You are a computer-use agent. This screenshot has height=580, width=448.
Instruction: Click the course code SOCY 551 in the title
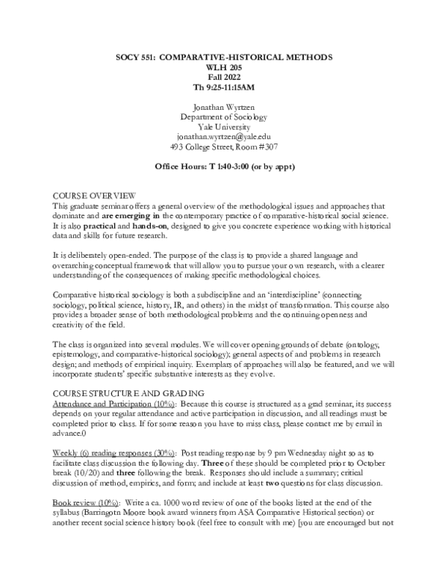coord(140,58)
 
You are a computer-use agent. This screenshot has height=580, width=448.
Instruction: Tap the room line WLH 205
coord(224,67)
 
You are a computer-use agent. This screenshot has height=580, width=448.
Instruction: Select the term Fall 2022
coord(224,77)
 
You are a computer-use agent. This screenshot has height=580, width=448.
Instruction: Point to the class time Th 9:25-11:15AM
coord(224,87)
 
